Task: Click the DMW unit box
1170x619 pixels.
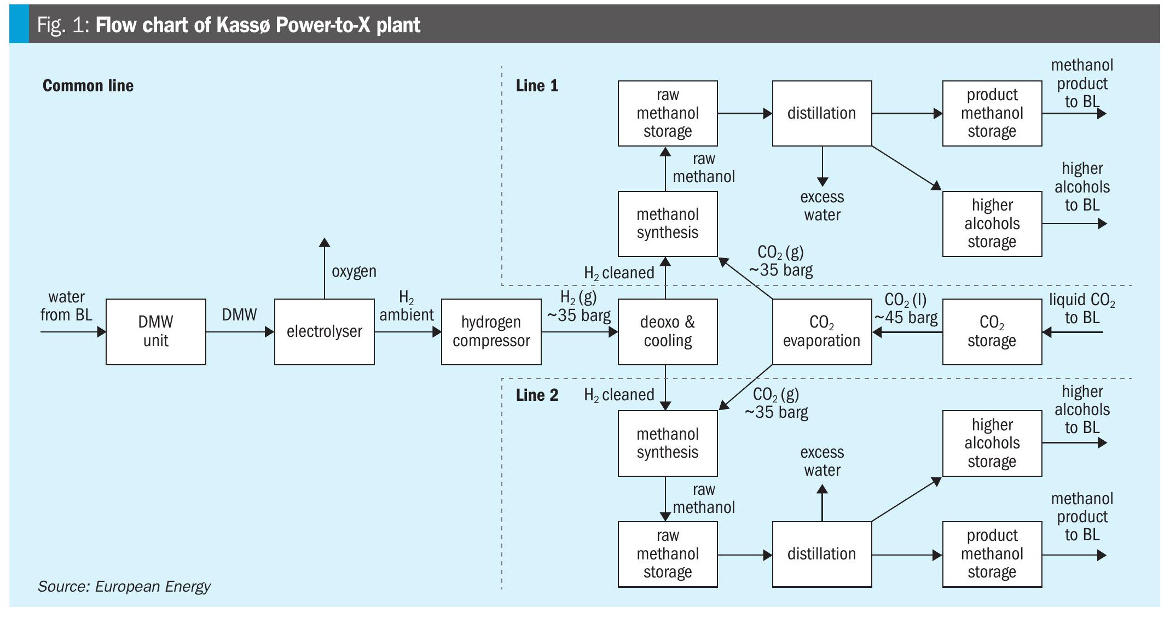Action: point(155,331)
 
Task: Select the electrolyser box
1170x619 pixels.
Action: point(324,331)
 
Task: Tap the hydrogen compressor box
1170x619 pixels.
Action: point(491,331)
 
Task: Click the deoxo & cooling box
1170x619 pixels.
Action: point(667,331)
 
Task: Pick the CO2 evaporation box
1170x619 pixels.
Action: point(821,331)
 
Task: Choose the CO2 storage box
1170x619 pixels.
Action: point(992,331)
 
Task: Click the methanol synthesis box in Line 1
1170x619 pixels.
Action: point(667,224)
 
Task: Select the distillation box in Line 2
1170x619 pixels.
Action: point(821,554)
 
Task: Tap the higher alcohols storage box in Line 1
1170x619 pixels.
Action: point(992,224)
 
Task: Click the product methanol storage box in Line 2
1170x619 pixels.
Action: point(992,554)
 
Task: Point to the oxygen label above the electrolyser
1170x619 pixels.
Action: point(354,271)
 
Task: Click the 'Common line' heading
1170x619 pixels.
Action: point(88,86)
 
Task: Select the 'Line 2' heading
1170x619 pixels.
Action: point(537,395)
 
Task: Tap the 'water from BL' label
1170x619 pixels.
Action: point(66,306)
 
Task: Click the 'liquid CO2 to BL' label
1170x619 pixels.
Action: point(1081,308)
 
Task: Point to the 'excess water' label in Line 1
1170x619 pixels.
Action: point(822,206)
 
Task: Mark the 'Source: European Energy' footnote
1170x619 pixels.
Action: point(124,587)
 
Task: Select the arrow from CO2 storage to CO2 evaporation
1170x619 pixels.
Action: point(907,332)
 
